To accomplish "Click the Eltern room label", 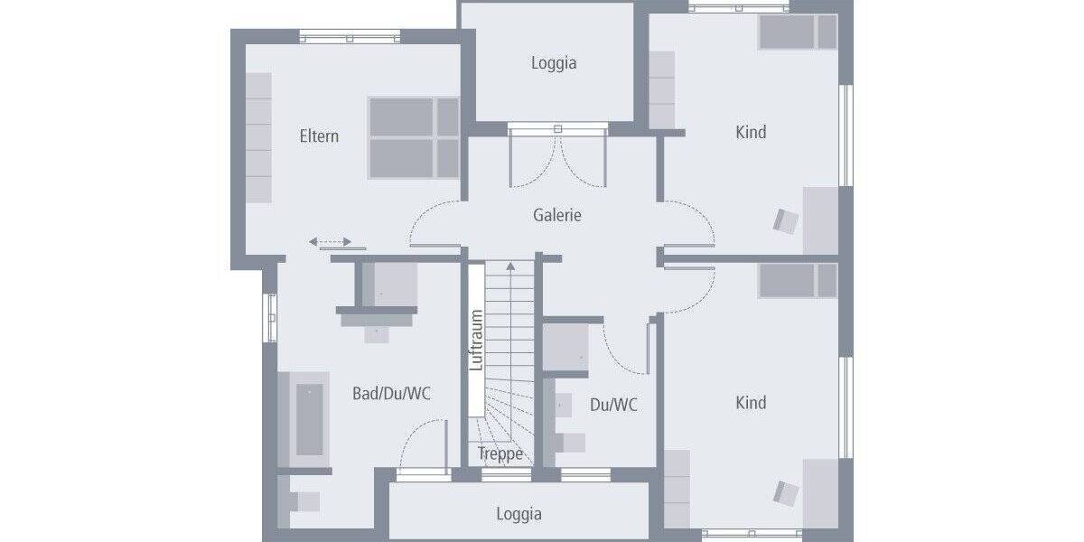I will [x=319, y=136].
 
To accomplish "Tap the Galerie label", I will [x=556, y=215].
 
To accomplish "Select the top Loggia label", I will [x=553, y=63].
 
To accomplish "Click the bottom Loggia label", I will [x=519, y=514].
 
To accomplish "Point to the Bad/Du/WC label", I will [x=391, y=394].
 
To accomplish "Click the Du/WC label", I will [x=613, y=405].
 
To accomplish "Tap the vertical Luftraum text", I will [x=477, y=341].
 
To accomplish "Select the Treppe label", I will [x=500, y=454].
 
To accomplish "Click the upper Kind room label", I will [x=751, y=132].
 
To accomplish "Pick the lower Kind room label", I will [x=751, y=403].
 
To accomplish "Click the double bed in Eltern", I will [x=414, y=136].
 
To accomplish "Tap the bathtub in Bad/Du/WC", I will [x=309, y=419].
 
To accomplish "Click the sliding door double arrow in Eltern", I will [x=330, y=242].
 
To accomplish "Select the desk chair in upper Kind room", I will [x=786, y=220].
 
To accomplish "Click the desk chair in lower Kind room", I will [x=786, y=492].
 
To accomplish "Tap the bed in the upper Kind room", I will [x=798, y=32].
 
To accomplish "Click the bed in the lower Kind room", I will [x=798, y=280].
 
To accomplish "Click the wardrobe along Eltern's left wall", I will [x=258, y=137].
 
